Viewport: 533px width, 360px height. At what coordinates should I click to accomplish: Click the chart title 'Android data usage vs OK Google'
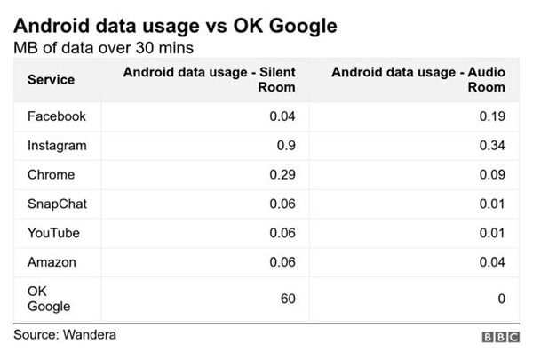(175, 26)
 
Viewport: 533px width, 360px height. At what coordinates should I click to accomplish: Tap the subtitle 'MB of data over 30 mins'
(104, 48)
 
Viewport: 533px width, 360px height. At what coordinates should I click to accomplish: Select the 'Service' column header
(51, 80)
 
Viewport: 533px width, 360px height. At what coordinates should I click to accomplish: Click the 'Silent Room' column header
(209, 80)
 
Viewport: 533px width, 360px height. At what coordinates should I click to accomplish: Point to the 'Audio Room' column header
(418, 80)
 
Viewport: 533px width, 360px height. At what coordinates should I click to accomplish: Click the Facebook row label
(57, 116)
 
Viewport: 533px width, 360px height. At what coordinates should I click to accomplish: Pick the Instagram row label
(57, 146)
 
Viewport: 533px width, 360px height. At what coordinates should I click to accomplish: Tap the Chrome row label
(51, 175)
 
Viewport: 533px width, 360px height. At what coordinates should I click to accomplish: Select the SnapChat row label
(57, 204)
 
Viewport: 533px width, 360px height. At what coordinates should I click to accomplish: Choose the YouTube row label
(53, 233)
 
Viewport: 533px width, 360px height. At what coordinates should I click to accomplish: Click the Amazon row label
(52, 262)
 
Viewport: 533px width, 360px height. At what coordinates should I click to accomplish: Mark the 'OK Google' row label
(49, 299)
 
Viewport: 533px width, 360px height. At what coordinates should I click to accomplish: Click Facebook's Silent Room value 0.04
(282, 116)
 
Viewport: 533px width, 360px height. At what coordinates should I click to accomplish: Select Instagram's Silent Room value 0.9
(286, 146)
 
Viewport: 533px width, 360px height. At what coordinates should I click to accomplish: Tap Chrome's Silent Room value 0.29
(282, 175)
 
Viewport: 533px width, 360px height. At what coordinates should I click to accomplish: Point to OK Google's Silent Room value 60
(288, 299)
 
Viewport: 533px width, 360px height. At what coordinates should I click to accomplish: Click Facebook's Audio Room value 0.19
(492, 116)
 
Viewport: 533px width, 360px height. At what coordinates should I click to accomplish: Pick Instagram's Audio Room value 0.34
(492, 146)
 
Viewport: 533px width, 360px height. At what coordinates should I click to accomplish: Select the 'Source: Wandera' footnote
(65, 335)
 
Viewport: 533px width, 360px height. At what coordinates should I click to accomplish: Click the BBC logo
(501, 337)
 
